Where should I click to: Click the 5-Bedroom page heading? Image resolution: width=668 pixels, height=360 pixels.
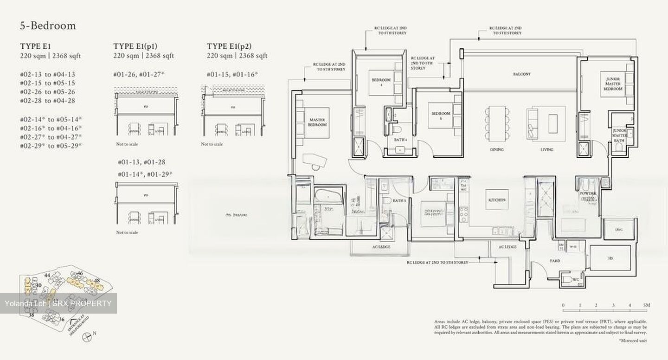click(47, 26)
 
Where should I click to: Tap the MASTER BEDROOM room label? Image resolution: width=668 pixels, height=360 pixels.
click(318, 122)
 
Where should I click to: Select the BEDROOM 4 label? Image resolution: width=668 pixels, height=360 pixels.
click(381, 82)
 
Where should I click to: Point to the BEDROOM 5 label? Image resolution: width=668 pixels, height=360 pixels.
click(441, 116)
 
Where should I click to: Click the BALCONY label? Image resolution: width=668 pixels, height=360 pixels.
click(522, 74)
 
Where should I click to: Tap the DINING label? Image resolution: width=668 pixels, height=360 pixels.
click(496, 150)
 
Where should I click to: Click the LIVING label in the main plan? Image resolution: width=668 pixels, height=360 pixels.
click(547, 150)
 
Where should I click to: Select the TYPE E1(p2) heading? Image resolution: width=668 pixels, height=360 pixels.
click(230, 46)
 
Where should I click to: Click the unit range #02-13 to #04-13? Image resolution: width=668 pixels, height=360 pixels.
click(47, 74)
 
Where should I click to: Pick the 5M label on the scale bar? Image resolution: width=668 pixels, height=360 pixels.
click(647, 305)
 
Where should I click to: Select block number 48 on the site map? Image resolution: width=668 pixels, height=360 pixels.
click(97, 281)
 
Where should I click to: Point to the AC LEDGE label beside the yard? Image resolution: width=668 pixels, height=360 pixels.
click(507, 247)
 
